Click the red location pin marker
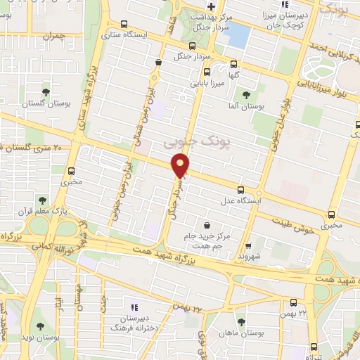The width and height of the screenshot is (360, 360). (x=181, y=166)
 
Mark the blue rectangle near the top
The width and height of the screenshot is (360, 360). (x=240, y=34)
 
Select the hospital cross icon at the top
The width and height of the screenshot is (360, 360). (x=210, y=6)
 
